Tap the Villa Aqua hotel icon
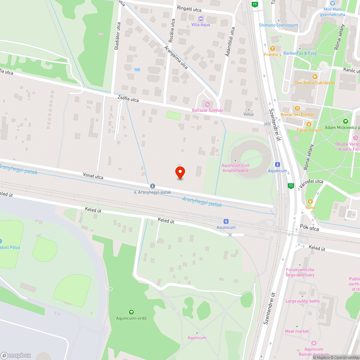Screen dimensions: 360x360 click(x=201, y=18)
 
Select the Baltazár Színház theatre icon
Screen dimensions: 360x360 click(x=207, y=104)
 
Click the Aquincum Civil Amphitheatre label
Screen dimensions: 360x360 click(x=236, y=168)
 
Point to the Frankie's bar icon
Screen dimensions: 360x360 click(x=273, y=48)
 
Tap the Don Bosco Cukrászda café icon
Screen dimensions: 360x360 click(x=315, y=76)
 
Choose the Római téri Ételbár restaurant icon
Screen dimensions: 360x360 click(x=297, y=108)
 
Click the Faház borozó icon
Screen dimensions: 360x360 click(x=309, y=124)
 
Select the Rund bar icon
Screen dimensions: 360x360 click(x=310, y=201)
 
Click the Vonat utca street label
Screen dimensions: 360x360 click(x=93, y=176)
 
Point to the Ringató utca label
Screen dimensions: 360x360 click(x=189, y=9)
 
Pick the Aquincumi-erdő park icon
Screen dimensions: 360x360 click(x=131, y=312)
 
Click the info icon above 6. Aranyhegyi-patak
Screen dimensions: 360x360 click(x=153, y=186)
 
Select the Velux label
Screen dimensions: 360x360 click(x=248, y=114)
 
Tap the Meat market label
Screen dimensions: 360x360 click(x=297, y=331)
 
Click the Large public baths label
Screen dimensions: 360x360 click(x=302, y=301)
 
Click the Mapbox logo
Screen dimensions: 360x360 click(x=16, y=355)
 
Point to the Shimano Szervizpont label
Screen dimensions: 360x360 click(x=279, y=25)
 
